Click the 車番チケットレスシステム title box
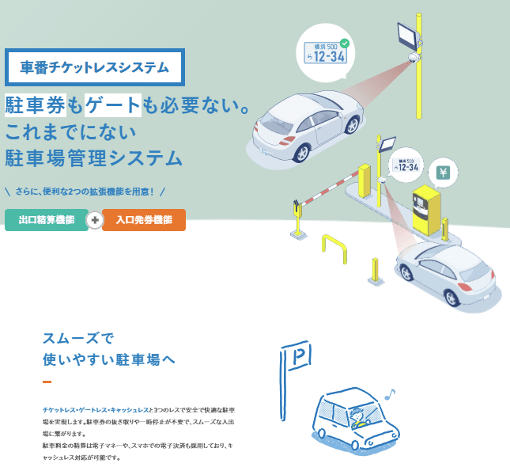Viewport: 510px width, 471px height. pyautogui.click(x=94, y=67)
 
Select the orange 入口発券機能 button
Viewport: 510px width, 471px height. pyautogui.click(x=144, y=220)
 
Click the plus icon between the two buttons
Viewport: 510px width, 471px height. pyautogui.click(x=94, y=220)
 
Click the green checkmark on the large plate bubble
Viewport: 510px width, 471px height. pyautogui.click(x=344, y=42)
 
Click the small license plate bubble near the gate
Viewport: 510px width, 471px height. pyautogui.click(x=406, y=165)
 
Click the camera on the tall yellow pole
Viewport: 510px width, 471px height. pyautogui.click(x=413, y=58)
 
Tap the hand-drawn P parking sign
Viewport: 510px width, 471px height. pyautogui.click(x=299, y=360)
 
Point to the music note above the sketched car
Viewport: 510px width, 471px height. pyautogui.click(x=387, y=393)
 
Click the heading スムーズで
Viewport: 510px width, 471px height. pyautogui.click(x=78, y=336)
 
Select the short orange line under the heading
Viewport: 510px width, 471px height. pyautogui.click(x=47, y=382)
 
